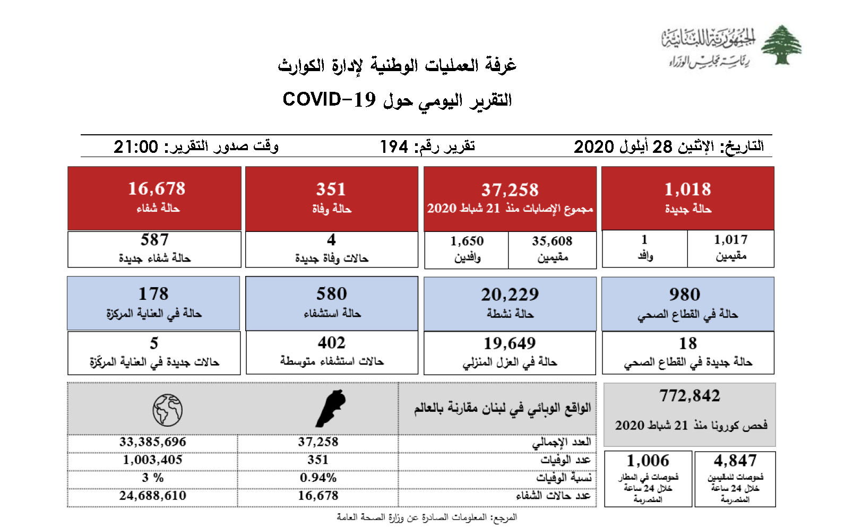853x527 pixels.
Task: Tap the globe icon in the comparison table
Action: (x=167, y=410)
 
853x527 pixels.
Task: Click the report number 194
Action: (x=394, y=146)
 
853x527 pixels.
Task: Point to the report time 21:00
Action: (x=136, y=146)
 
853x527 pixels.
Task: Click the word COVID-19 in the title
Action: (x=329, y=99)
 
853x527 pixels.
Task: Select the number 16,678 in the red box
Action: (x=157, y=188)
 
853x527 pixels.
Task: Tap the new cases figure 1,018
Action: (x=687, y=189)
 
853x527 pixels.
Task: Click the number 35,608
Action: (x=552, y=241)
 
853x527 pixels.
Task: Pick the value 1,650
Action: (x=467, y=241)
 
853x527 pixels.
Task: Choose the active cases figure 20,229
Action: (x=510, y=294)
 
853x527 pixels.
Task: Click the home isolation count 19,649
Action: (x=510, y=343)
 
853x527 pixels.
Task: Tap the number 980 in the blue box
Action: (x=684, y=294)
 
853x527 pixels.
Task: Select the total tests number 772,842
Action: (x=690, y=395)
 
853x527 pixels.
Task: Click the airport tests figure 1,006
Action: (x=648, y=460)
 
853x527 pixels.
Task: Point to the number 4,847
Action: (x=735, y=460)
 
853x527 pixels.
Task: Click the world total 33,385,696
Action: (x=152, y=442)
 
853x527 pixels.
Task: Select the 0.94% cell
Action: (x=318, y=478)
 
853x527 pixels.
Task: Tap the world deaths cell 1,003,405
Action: (x=152, y=460)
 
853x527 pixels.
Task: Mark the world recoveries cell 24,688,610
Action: (x=152, y=496)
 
